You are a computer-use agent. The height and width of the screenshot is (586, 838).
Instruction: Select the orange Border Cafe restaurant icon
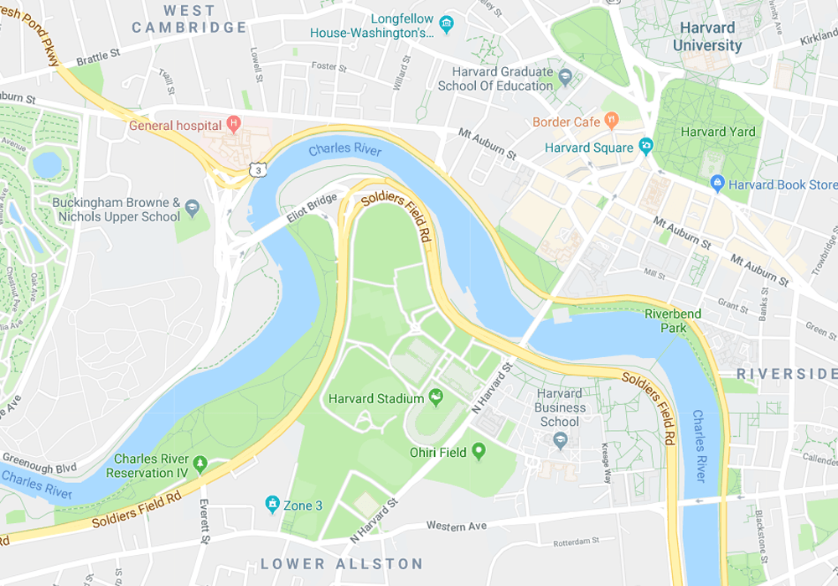pos(612,122)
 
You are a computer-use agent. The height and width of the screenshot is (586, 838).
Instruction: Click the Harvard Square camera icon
pos(645,148)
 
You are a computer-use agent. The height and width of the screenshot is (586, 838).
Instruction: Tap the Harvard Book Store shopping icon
pos(716,184)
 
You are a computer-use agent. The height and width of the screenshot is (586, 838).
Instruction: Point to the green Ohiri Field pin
pos(478,453)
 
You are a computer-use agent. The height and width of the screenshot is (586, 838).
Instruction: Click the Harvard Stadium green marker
pos(436,397)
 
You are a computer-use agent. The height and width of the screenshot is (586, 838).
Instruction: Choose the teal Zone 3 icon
pos(272,505)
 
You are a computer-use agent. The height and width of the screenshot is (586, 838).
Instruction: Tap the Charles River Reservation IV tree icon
pos(199,464)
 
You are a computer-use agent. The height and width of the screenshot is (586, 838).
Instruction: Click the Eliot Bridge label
pos(312,210)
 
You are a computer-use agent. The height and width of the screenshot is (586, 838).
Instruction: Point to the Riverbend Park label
pos(672,320)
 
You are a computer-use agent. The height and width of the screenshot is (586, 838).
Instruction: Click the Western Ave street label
pos(458,526)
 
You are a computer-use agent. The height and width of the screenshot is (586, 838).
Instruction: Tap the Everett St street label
pos(203,521)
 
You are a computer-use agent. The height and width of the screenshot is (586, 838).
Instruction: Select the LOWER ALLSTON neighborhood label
pos(342,563)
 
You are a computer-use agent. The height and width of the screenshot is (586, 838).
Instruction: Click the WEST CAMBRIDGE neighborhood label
pos(189,18)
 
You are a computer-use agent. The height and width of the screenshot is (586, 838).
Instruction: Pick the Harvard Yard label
pos(717,132)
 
